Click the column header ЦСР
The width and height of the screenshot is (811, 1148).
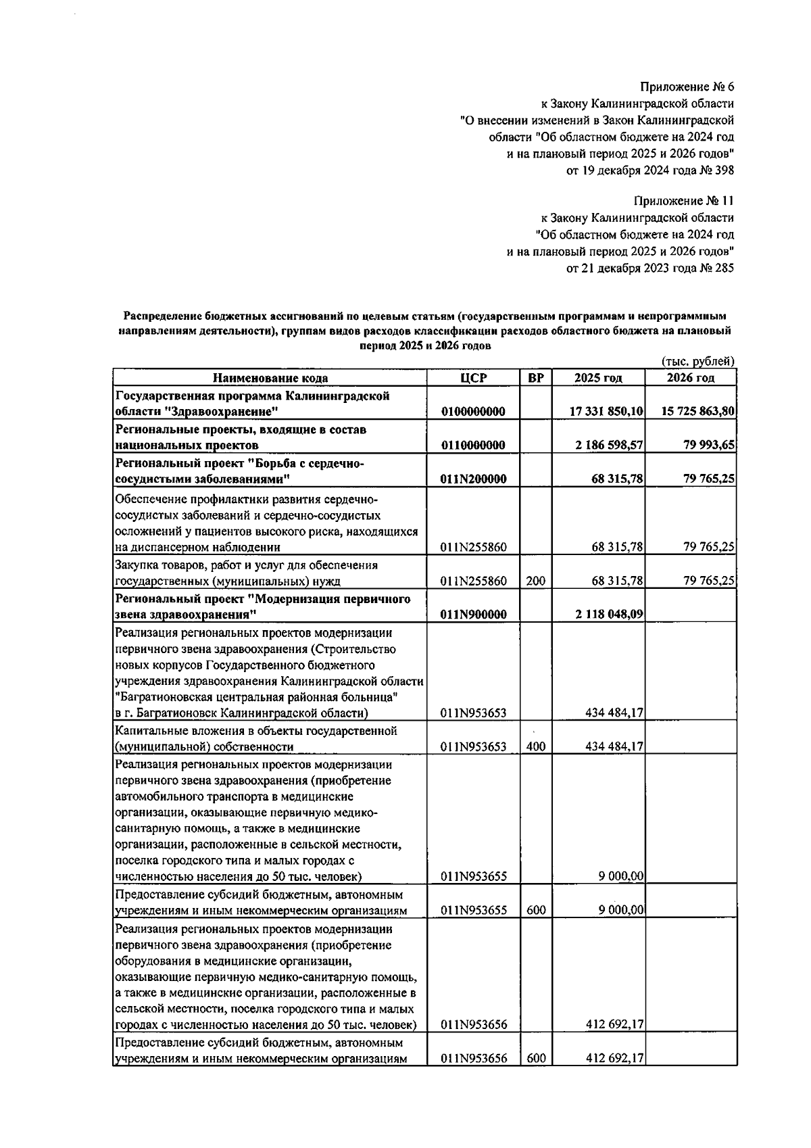(473, 378)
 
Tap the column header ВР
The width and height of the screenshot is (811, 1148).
(535, 378)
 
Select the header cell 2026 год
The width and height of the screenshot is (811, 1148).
(691, 378)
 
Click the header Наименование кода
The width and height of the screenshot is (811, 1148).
(270, 378)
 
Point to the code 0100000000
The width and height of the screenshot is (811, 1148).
(473, 411)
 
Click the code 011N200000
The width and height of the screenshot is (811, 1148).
(473, 479)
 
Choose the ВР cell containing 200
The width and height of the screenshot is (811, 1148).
(535, 581)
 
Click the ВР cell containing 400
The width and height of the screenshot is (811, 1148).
(535, 747)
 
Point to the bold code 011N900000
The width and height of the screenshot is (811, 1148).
(473, 615)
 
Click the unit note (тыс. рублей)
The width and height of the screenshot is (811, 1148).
(697, 362)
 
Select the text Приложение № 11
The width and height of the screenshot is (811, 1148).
(684, 201)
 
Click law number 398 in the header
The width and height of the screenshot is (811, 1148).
(723, 170)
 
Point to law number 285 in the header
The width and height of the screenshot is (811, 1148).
(723, 268)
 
